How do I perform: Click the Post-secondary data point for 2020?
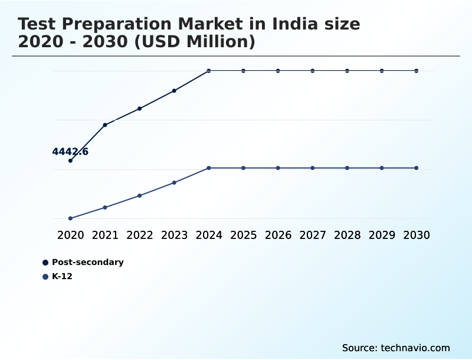(x=71, y=161)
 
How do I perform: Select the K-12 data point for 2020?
(x=71, y=218)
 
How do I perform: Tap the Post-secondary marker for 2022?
(x=140, y=109)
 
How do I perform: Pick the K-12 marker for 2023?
(x=174, y=182)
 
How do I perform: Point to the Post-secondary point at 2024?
(x=209, y=71)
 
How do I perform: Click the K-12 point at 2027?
(x=313, y=168)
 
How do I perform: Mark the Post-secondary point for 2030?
(x=417, y=71)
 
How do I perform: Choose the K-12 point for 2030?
(x=417, y=168)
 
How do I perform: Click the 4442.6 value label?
(x=70, y=152)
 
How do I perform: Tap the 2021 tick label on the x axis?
(x=105, y=235)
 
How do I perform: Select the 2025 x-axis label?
(x=244, y=235)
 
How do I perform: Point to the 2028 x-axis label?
(x=348, y=235)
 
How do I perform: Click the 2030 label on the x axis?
(x=417, y=235)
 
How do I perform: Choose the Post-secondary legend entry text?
(x=88, y=262)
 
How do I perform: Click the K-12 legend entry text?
(x=62, y=276)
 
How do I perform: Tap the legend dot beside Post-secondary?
(x=45, y=263)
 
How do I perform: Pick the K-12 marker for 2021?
(x=105, y=207)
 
